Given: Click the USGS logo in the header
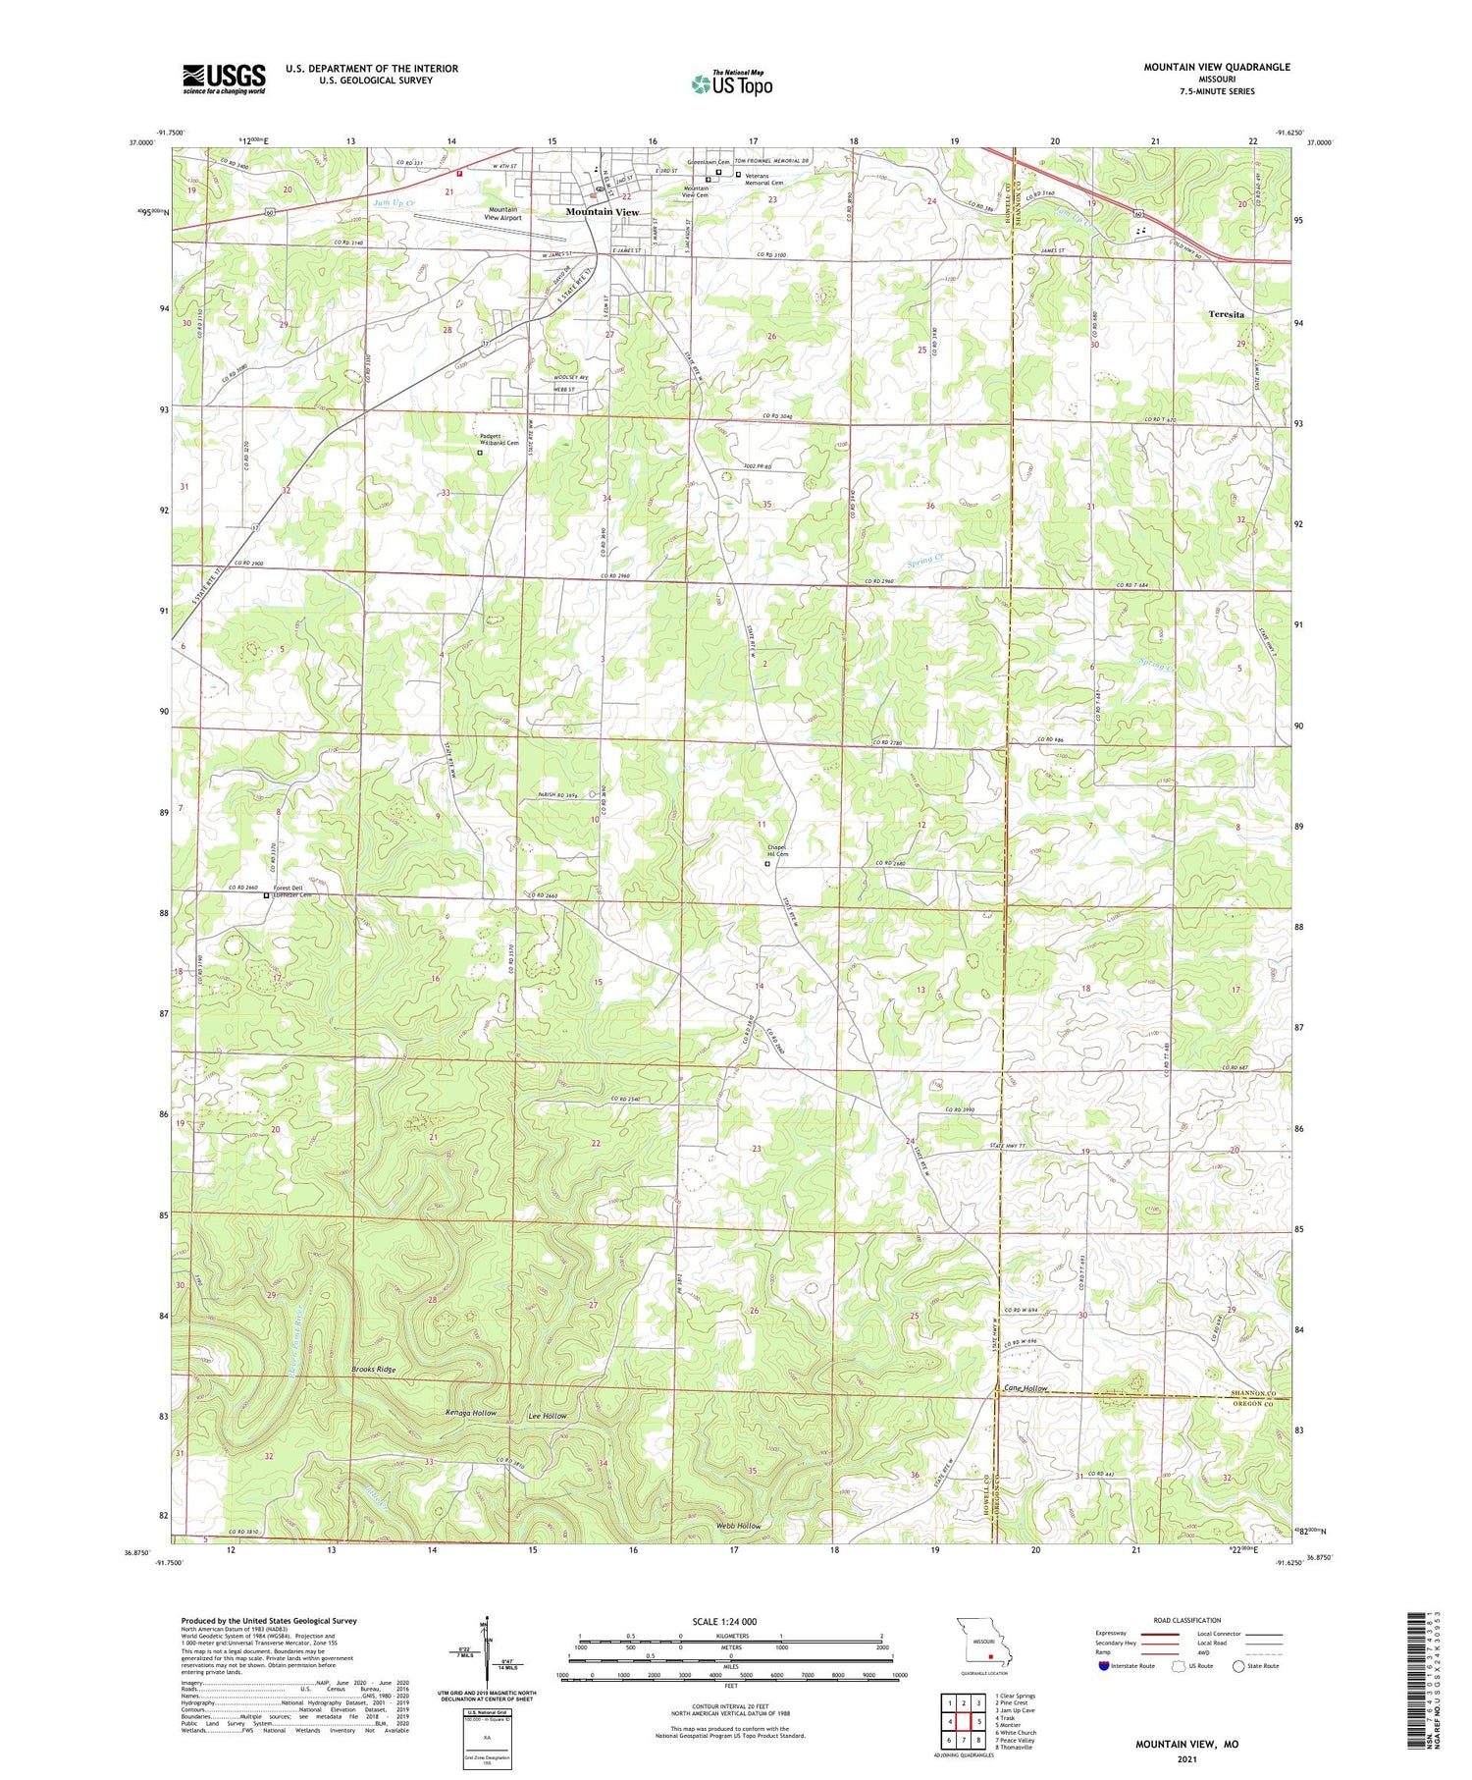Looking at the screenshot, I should click(x=224, y=79).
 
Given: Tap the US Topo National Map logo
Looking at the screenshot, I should click(x=731, y=83).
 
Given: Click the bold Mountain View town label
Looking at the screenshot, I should click(x=602, y=212).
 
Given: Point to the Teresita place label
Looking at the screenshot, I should click(x=1226, y=315).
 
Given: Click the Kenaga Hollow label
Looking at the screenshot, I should click(x=471, y=1413).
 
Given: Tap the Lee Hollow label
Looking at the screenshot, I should click(x=548, y=1416).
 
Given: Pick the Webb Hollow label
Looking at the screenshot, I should click(x=738, y=1526).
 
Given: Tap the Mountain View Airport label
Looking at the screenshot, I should click(x=503, y=213).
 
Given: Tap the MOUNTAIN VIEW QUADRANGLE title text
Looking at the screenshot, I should click(x=1216, y=67).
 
